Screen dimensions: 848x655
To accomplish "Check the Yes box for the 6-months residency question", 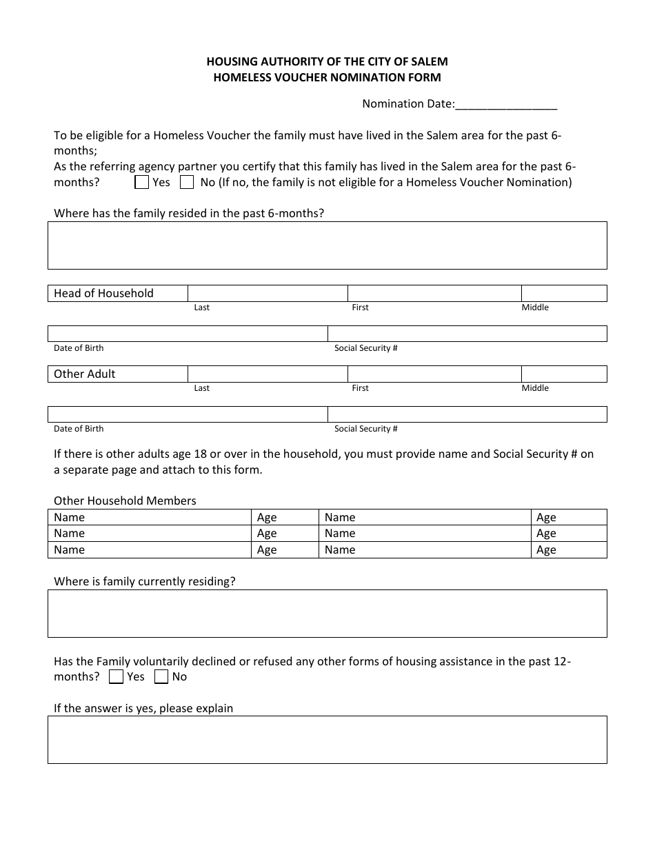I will [142, 183].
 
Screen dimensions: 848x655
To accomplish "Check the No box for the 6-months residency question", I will [187, 183].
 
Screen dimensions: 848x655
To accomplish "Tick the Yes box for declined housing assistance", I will [117, 677].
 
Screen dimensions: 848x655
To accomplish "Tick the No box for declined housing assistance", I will [161, 677].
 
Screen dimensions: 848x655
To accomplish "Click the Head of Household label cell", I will [118, 294].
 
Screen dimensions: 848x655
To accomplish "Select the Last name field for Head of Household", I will [268, 294].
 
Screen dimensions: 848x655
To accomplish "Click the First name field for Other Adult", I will [434, 374].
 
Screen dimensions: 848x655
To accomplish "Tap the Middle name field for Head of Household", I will [563, 294].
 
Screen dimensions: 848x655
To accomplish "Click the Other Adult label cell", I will [118, 374].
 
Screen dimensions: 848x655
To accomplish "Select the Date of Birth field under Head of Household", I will [188, 334].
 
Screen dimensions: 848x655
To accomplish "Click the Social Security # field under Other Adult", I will [467, 414].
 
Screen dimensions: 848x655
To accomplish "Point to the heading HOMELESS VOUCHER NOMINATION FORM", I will [327, 78].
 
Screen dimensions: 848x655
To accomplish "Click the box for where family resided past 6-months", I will [327, 245].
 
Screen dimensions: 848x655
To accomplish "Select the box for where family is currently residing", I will [327, 614].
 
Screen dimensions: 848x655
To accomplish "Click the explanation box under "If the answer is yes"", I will [327, 740].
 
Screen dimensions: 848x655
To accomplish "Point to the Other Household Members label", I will [125, 501].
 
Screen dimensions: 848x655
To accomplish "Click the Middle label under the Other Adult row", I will [535, 388].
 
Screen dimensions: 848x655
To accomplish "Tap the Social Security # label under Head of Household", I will [365, 348].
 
